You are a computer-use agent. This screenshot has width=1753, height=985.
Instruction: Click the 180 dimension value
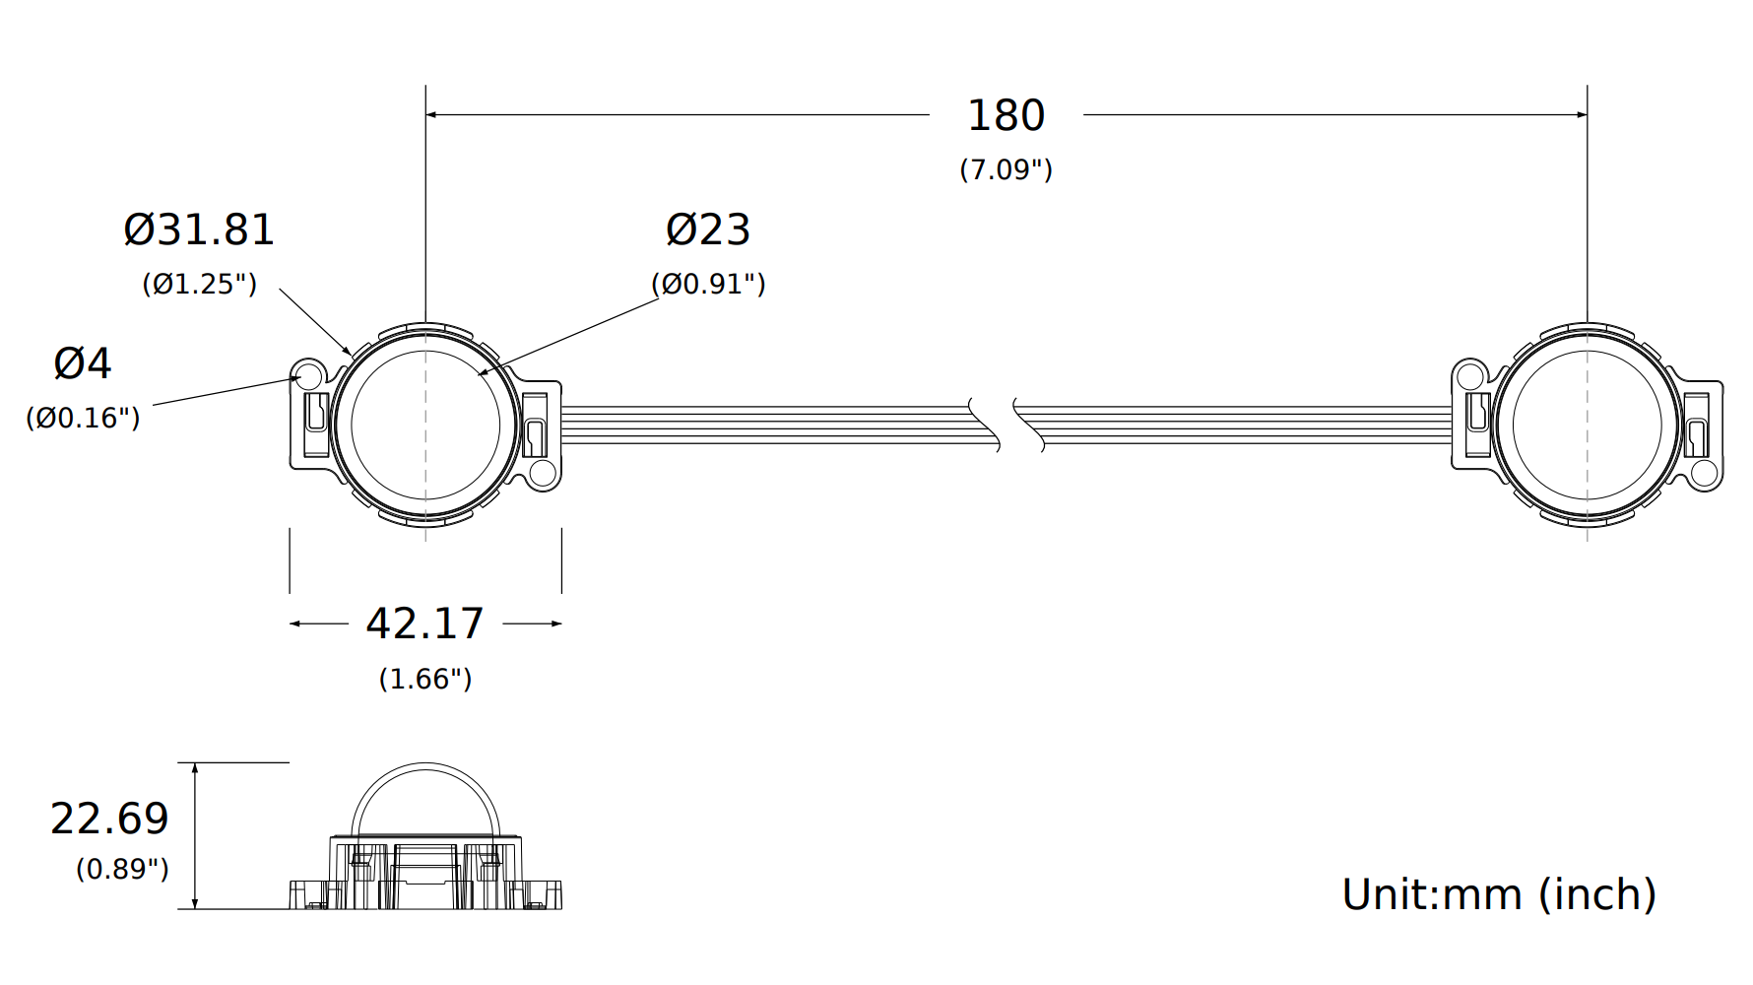[1006, 115]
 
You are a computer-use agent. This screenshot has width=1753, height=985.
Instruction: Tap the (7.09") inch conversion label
[1006, 169]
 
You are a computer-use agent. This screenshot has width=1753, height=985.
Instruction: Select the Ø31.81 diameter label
[199, 230]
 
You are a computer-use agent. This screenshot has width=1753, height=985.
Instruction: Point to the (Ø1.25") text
[199, 284]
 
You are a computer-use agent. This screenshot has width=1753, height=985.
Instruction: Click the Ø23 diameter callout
[708, 230]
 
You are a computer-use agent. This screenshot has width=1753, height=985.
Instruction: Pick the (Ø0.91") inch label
[708, 284]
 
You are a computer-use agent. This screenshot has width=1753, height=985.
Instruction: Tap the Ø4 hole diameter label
[83, 363]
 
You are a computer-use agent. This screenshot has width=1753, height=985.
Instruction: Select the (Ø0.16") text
[83, 418]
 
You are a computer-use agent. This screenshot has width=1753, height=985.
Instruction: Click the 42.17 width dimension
[424, 624]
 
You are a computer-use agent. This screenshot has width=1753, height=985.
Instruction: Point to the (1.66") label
[424, 679]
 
